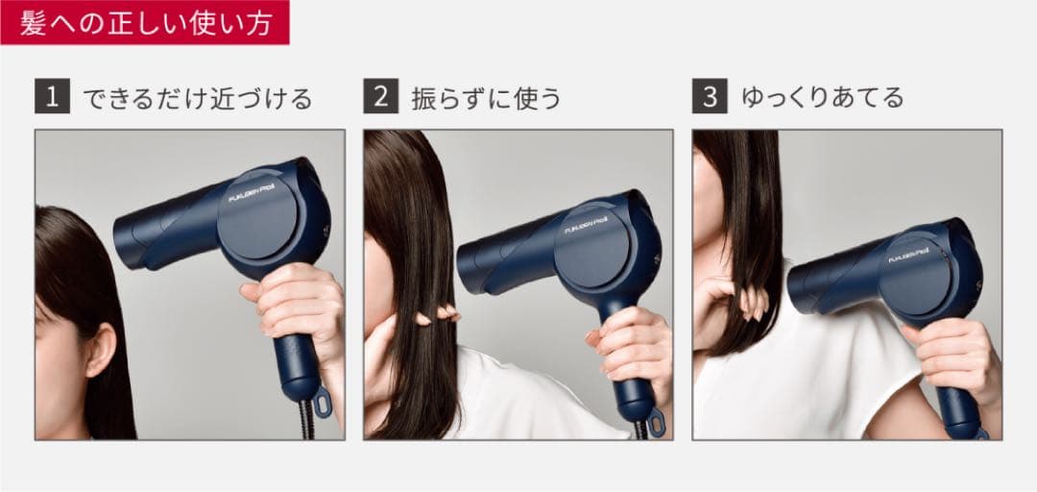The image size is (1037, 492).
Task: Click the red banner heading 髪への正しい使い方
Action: pyautogui.click(x=144, y=20)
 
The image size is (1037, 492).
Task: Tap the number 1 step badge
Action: pyautogui.click(x=53, y=97)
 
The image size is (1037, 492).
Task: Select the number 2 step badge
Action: pyautogui.click(x=381, y=97)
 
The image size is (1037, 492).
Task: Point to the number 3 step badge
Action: pyautogui.click(x=710, y=97)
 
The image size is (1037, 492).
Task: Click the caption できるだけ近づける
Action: pyautogui.click(x=197, y=98)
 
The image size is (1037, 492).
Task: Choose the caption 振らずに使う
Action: pyautogui.click(x=486, y=98)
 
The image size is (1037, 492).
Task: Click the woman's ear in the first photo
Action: pyautogui.click(x=98, y=349)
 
